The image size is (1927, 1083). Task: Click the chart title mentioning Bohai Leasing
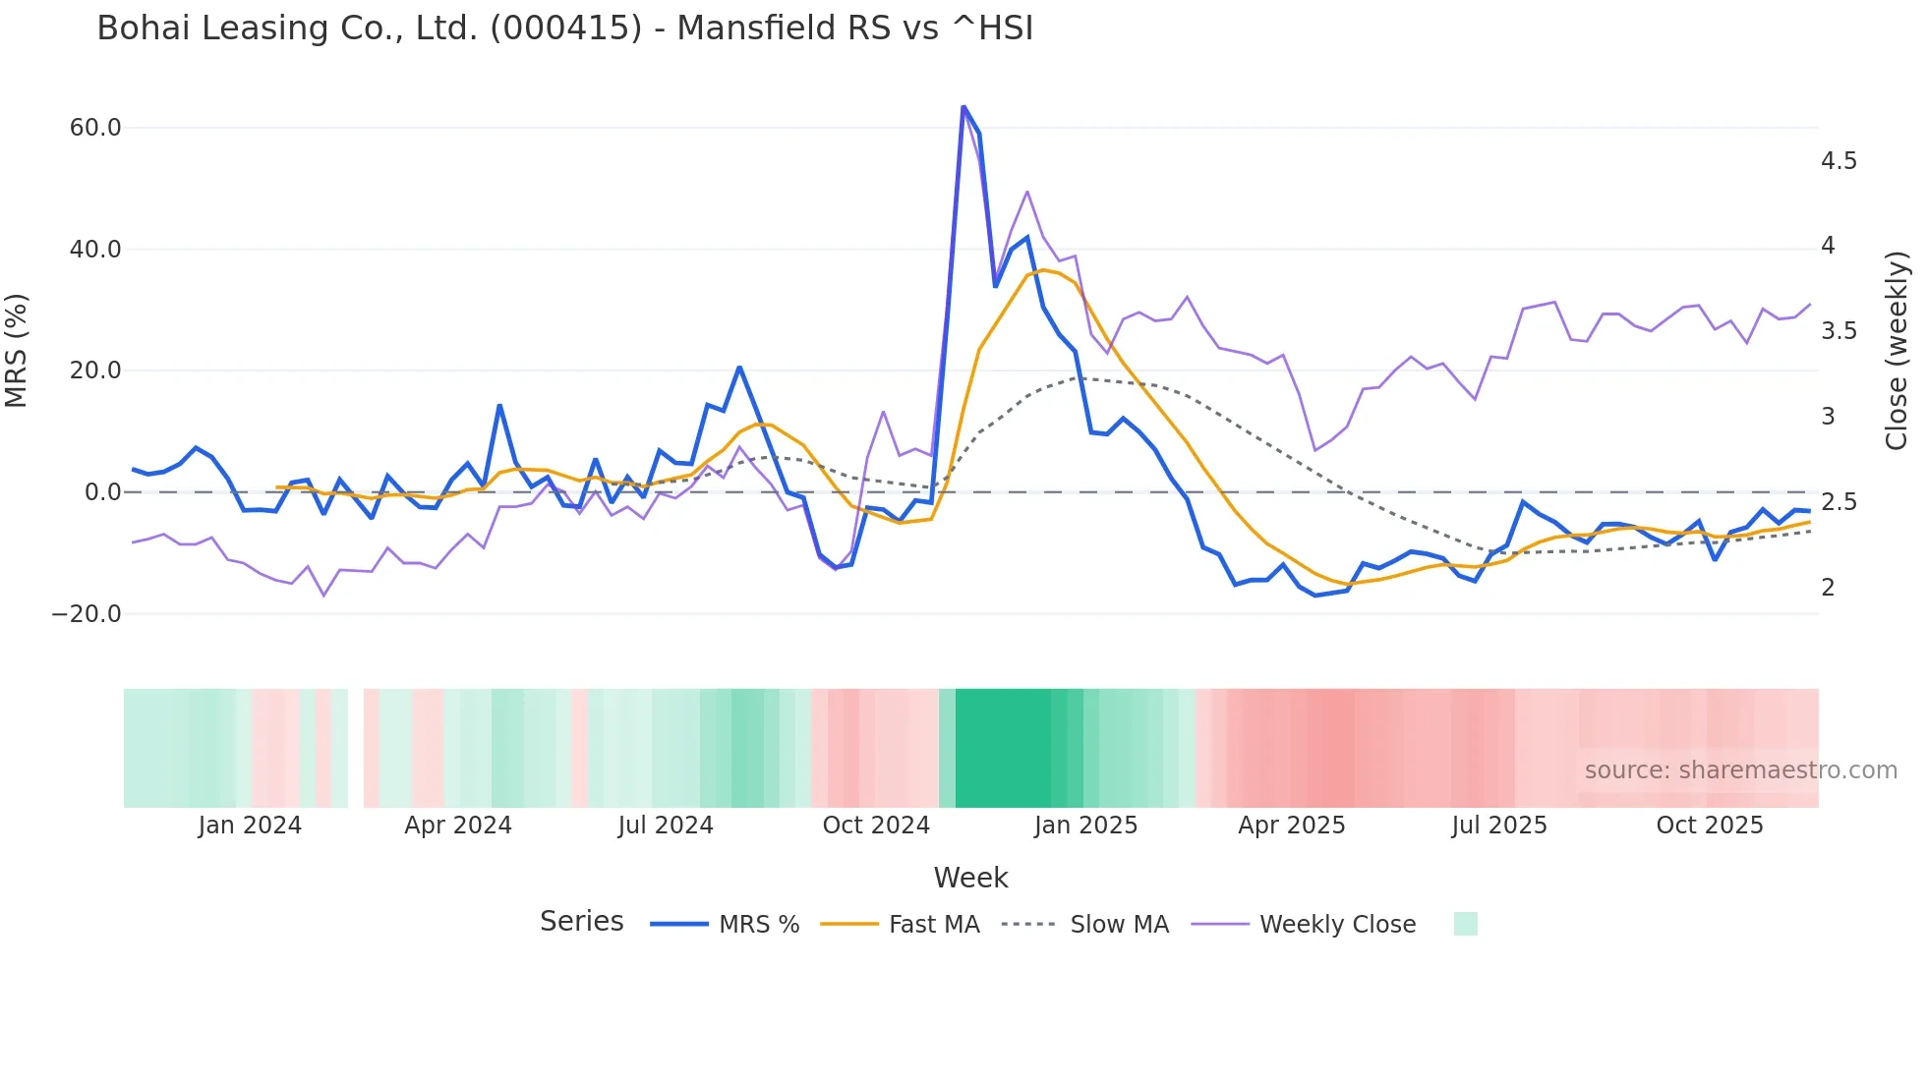click(x=564, y=28)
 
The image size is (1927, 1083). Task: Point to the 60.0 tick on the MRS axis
click(x=95, y=128)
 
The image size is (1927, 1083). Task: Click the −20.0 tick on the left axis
click(x=87, y=614)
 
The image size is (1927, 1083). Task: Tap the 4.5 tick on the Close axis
click(x=1839, y=161)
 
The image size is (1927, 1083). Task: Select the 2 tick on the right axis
click(x=1828, y=588)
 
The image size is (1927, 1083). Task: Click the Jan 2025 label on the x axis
click(x=1085, y=826)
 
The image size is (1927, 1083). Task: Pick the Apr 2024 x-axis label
click(x=458, y=826)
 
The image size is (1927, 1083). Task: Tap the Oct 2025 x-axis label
click(x=1710, y=826)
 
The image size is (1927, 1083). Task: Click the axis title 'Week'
click(x=970, y=878)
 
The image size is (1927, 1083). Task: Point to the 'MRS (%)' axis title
click(x=17, y=350)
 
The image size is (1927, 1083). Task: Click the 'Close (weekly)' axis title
click(x=1897, y=350)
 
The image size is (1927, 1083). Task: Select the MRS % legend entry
click(x=726, y=925)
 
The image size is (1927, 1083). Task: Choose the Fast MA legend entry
click(x=901, y=925)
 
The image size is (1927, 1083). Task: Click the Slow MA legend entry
click(x=1085, y=925)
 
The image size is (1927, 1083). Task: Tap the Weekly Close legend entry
click(x=1304, y=925)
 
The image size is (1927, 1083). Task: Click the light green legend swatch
click(x=1465, y=924)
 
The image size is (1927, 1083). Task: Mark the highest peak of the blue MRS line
click(x=963, y=106)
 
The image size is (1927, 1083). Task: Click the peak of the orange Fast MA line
click(x=1043, y=269)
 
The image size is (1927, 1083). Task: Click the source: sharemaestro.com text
click(x=1740, y=770)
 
